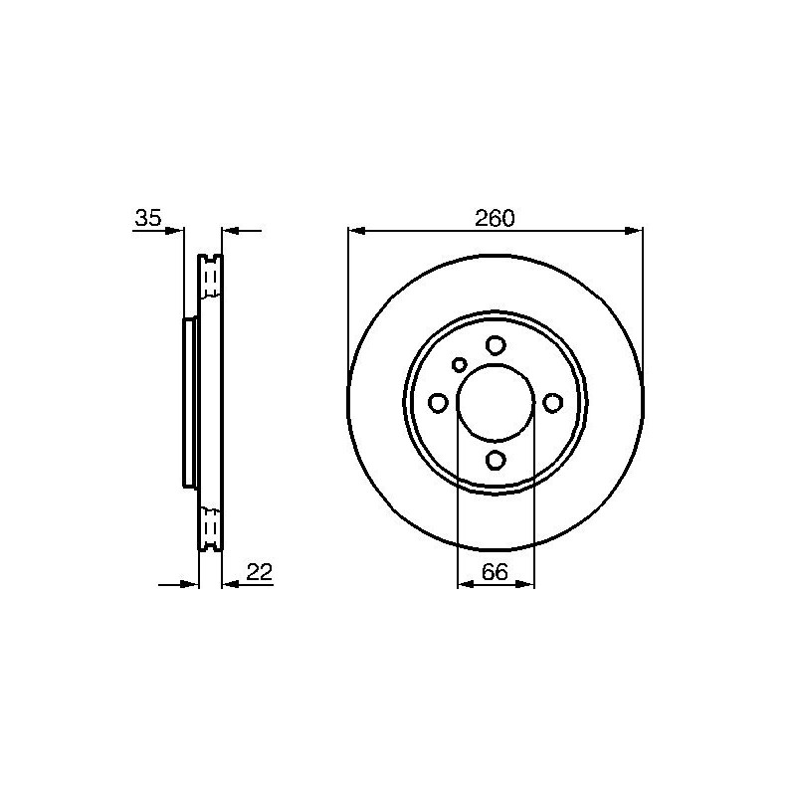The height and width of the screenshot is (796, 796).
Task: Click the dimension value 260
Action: (495, 218)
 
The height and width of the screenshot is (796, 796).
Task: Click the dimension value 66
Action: (495, 572)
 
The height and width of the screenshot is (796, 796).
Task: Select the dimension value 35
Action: (148, 218)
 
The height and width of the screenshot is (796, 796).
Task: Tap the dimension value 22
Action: (260, 572)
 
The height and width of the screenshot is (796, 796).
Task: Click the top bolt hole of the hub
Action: (495, 345)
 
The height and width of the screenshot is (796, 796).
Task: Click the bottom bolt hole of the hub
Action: (495, 460)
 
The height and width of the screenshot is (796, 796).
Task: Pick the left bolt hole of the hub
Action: (438, 403)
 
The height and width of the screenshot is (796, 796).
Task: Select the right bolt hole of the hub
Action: (552, 403)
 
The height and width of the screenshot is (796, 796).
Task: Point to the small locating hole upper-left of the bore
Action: (460, 364)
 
